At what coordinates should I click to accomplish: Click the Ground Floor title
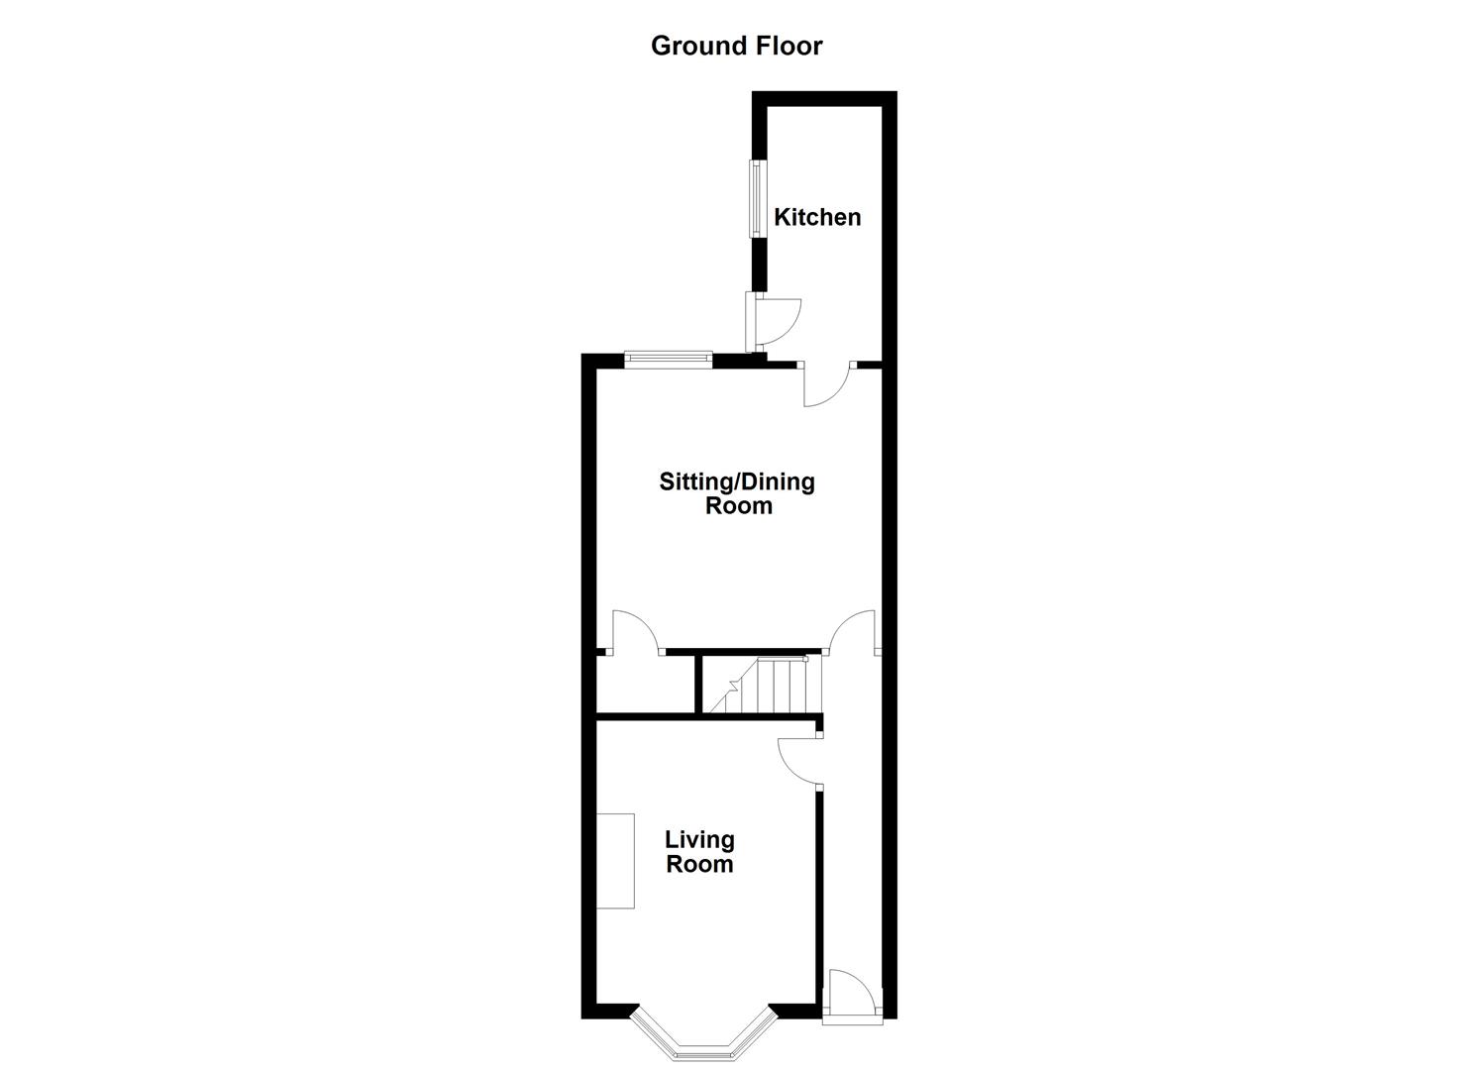tap(736, 46)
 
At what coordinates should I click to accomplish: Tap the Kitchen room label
tap(817, 217)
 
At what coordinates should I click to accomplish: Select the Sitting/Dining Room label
tap(737, 493)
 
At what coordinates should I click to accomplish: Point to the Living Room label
tap(699, 852)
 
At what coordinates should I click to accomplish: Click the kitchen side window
tap(757, 198)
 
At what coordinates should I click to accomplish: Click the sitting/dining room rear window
tap(668, 360)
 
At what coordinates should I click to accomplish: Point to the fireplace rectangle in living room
tap(615, 860)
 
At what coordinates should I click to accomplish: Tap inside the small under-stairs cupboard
tap(644, 684)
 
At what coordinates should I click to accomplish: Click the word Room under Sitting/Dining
tap(738, 506)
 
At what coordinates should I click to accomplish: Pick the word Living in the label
tap(699, 840)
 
